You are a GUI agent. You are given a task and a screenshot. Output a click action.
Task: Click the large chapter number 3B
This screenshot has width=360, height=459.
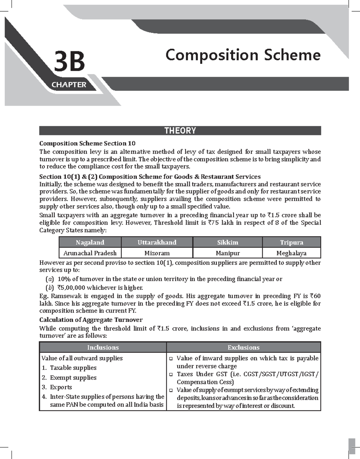pyautogui.click(x=69, y=62)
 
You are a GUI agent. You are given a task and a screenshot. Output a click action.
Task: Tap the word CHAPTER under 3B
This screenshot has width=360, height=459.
pyautogui.click(x=69, y=85)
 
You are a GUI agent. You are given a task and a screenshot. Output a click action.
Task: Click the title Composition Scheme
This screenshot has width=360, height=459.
pyautogui.click(x=243, y=55)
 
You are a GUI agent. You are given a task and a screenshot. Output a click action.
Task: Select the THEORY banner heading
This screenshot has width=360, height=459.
pyautogui.click(x=180, y=130)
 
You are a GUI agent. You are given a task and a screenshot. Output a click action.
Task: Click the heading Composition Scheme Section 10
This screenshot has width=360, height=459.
pyautogui.click(x=87, y=143)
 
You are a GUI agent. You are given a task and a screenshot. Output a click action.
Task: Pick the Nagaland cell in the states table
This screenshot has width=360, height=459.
pyautogui.click(x=90, y=242)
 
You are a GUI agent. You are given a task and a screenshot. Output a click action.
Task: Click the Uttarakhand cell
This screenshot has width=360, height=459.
pyautogui.click(x=157, y=242)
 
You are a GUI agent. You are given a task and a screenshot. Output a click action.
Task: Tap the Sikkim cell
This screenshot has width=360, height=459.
pyautogui.click(x=227, y=242)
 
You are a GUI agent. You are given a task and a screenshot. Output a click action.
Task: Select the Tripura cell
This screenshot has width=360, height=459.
pyautogui.click(x=291, y=242)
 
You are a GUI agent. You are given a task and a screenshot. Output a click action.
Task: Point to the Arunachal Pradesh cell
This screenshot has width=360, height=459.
pyautogui.click(x=90, y=253)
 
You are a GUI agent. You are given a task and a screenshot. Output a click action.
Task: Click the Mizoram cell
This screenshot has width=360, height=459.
pyautogui.click(x=157, y=253)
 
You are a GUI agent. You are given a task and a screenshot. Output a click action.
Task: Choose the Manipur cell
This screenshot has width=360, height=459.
pyautogui.click(x=227, y=253)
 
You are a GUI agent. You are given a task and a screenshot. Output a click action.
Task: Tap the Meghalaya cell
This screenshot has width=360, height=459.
pyautogui.click(x=291, y=253)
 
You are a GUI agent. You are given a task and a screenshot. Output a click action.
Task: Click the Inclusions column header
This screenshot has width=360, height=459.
pyautogui.click(x=103, y=347)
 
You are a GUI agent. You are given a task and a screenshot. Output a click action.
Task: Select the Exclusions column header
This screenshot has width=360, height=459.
pyautogui.click(x=243, y=347)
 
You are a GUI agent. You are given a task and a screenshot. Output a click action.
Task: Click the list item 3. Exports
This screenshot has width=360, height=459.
pyautogui.click(x=57, y=387)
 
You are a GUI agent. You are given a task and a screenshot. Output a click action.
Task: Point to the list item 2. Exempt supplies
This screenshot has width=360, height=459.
pyautogui.click(x=69, y=378)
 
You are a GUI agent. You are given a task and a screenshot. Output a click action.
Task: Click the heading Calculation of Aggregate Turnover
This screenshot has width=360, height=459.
pyautogui.click(x=91, y=320)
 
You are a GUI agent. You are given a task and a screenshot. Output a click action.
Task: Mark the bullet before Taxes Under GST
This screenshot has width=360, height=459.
pyautogui.click(x=171, y=374)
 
